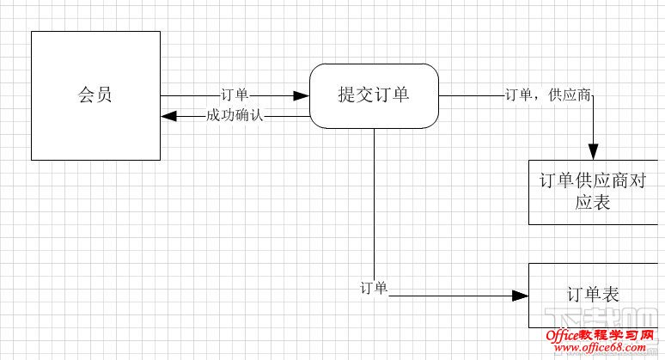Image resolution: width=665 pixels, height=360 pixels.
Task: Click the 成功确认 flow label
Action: [234, 115]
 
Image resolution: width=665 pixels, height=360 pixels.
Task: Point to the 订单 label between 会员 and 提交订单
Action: [235, 95]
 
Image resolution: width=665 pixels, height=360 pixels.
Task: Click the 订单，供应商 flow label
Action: [547, 95]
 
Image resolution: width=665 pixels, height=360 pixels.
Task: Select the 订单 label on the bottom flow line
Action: [375, 288]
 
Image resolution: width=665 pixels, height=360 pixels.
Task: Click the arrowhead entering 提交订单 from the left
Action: [302, 95]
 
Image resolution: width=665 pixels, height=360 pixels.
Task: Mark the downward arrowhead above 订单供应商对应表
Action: [593, 152]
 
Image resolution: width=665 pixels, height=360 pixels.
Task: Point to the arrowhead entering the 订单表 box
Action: [520, 296]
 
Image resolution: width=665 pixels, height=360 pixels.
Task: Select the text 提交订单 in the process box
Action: [374, 95]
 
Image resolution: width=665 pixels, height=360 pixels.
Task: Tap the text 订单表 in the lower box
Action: [593, 295]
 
